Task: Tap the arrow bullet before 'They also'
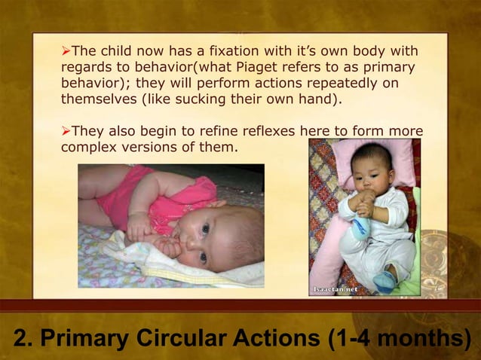(x=66, y=132)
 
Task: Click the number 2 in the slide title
(x=17, y=339)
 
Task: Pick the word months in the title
(x=424, y=339)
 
